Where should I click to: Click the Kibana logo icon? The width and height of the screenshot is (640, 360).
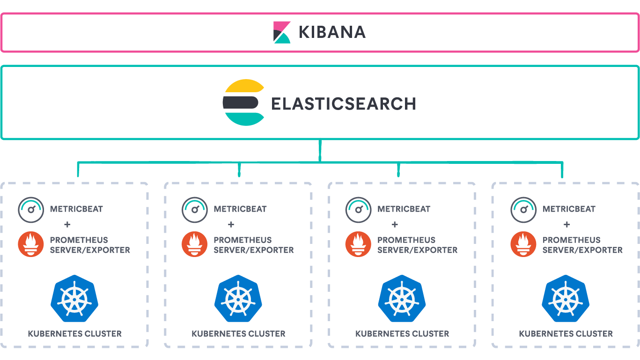coord(282,32)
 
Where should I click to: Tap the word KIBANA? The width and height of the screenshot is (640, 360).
coord(332,32)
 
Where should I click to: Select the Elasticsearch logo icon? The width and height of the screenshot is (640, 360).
coord(243,102)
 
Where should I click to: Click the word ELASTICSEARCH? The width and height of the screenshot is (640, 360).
coord(344,104)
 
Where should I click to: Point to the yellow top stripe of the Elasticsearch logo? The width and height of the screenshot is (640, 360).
coord(244,85)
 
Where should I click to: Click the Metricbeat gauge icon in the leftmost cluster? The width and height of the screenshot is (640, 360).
coord(31,210)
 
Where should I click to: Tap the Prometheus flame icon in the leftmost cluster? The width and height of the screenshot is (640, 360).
coord(31,244)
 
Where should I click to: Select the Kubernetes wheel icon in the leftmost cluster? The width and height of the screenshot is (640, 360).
coord(74,299)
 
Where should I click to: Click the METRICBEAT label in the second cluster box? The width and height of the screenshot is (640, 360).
coord(240,209)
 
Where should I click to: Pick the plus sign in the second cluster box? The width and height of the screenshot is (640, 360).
coord(231,225)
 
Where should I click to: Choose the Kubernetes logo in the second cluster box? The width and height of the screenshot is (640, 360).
coord(238,299)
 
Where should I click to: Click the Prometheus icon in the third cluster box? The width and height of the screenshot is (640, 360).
coord(358,244)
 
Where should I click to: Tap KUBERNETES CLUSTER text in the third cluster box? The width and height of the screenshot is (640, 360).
coord(402,334)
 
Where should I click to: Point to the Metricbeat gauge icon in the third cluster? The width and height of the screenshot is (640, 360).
coord(358,210)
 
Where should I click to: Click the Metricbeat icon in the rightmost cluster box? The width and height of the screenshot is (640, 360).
coord(523,210)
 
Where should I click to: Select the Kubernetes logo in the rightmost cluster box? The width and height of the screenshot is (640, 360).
coord(566,299)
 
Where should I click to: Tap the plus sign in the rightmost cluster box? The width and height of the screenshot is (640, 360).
coord(567,225)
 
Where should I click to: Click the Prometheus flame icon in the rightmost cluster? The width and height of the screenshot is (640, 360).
coord(523,244)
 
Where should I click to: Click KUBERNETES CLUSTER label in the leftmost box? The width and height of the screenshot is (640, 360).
coord(74,334)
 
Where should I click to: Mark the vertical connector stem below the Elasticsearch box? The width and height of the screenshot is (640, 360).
coord(320,151)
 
